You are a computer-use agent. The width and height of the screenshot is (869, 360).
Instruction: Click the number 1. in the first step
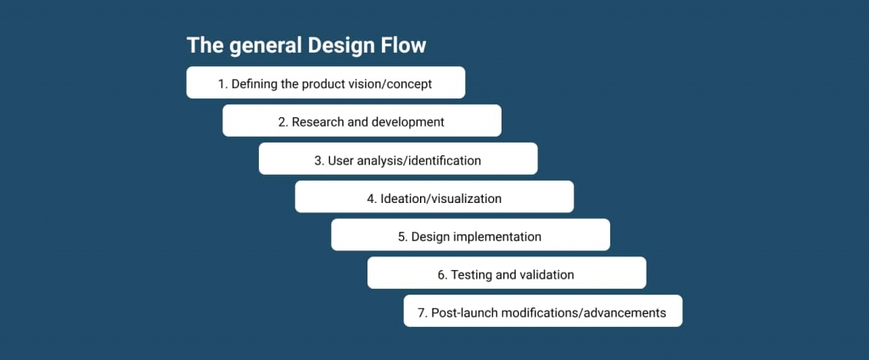pyautogui.click(x=223, y=84)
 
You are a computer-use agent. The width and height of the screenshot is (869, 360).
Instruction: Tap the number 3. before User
pyautogui.click(x=319, y=160)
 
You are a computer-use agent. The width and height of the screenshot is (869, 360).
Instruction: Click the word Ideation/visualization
pyautogui.click(x=440, y=198)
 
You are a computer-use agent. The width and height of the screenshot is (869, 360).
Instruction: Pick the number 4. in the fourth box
pyautogui.click(x=372, y=198)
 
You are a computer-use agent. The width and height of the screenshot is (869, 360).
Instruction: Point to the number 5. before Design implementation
pyautogui.click(x=402, y=236)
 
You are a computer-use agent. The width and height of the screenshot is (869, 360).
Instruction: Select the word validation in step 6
pyautogui.click(x=547, y=274)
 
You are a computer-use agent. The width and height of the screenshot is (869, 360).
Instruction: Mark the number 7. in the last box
pyautogui.click(x=423, y=312)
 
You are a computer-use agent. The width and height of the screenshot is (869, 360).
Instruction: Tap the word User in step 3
pyautogui.click(x=338, y=160)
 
